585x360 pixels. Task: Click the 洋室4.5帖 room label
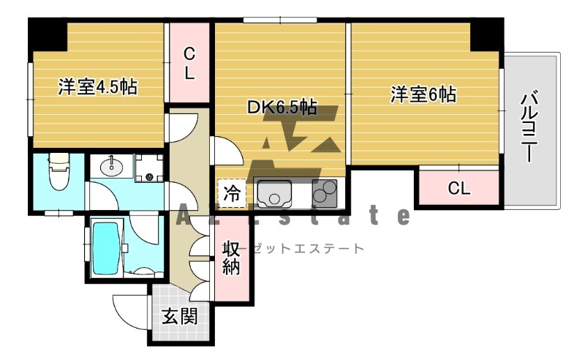(x=97, y=87)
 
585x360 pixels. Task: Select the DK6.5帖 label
(x=282, y=108)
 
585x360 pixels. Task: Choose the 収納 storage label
(x=231, y=258)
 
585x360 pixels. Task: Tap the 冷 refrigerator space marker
(x=232, y=195)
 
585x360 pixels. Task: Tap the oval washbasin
(x=112, y=168)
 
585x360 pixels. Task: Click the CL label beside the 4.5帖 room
(x=189, y=64)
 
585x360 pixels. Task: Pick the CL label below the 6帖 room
(x=458, y=189)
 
